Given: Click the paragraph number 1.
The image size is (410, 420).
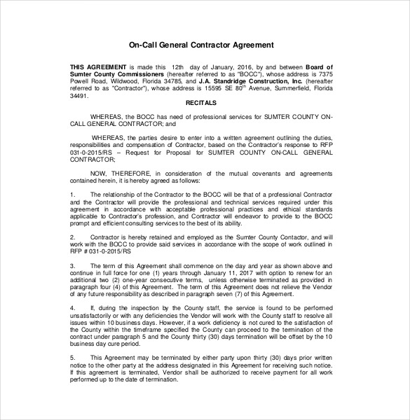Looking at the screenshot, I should (x=73, y=192).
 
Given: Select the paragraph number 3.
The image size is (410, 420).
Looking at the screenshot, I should (x=73, y=266).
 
